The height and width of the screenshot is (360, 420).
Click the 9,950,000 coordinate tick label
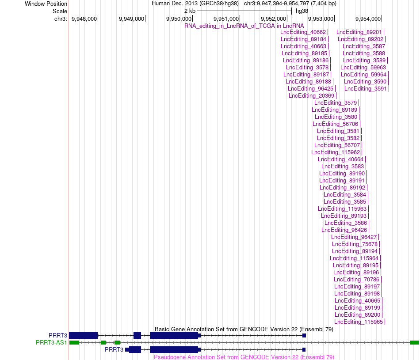[x=179, y=19]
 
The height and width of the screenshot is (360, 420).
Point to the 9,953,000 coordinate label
[x=321, y=19]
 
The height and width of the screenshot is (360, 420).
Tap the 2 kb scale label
[x=190, y=11]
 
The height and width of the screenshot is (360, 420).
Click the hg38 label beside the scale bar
[x=302, y=11]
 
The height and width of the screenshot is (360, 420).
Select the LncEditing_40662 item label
[x=303, y=32]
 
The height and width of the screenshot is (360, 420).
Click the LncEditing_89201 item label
[x=359, y=32]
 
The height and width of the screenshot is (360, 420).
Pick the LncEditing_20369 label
[x=312, y=96]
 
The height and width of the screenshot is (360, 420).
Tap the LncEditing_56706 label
[x=336, y=124]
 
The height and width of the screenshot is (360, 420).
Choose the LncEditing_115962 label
[x=336, y=152]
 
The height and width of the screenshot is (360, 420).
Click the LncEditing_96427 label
[x=354, y=237]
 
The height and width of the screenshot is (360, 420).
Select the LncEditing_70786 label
[x=356, y=280]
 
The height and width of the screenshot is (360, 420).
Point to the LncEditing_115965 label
[x=359, y=322]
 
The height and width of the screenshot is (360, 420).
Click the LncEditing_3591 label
[x=366, y=89]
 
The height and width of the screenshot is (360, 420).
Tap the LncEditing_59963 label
[x=363, y=68]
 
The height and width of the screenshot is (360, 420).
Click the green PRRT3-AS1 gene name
[x=51, y=343]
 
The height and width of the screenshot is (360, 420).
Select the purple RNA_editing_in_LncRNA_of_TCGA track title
[x=244, y=26]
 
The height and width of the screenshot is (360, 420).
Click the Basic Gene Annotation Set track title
[x=244, y=329]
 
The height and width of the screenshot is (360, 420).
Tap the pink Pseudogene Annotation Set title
[x=244, y=357]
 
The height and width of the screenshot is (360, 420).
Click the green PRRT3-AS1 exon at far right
[x=414, y=343]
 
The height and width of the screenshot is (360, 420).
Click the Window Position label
[x=46, y=4]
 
